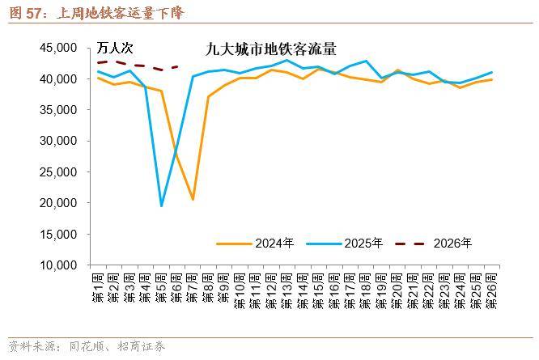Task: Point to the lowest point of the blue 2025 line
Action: pos(161,205)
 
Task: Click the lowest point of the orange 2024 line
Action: pos(193,199)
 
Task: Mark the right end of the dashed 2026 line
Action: pos(176,66)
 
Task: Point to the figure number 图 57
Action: pos(25,11)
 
